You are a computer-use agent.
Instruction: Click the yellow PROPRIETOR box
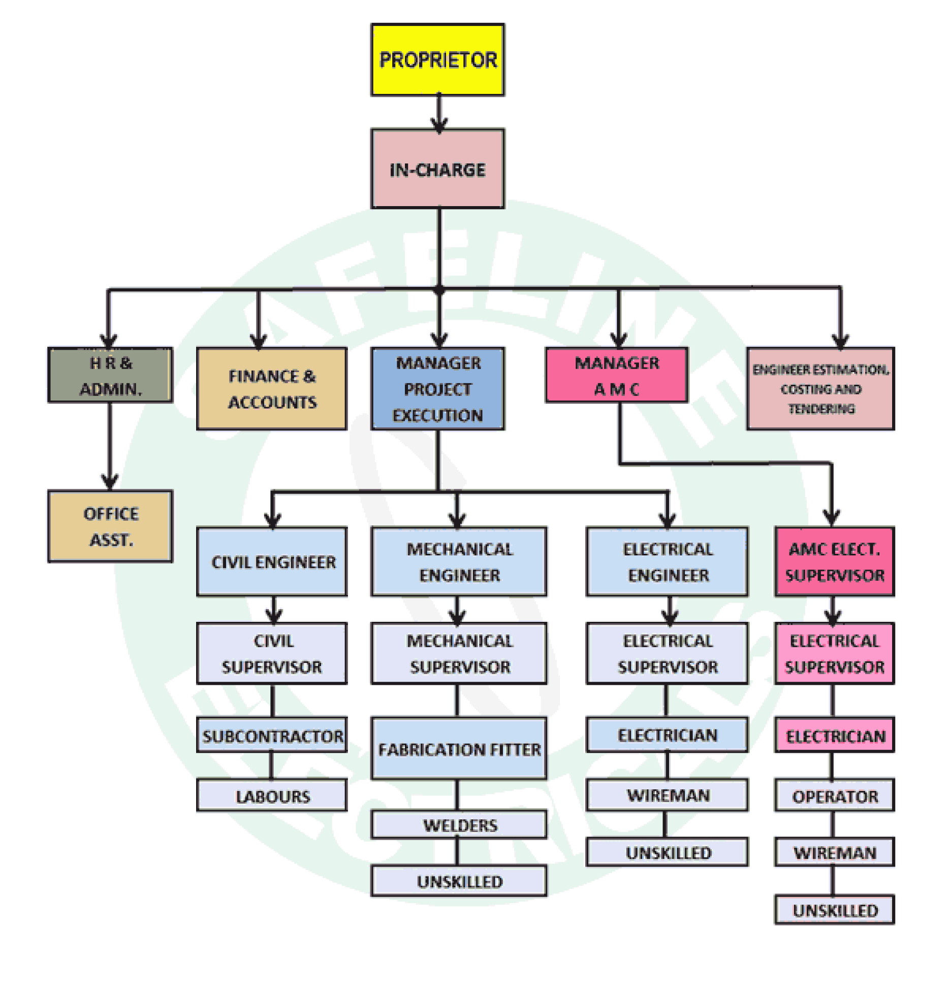(x=437, y=59)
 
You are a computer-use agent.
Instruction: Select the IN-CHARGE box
(x=437, y=169)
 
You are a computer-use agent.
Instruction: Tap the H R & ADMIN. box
(x=110, y=375)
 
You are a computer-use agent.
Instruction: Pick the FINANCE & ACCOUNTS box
(x=272, y=389)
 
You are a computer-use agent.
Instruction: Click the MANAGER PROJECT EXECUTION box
(x=437, y=389)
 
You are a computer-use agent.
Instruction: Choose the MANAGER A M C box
(x=616, y=375)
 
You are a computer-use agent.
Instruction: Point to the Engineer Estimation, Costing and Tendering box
(x=820, y=389)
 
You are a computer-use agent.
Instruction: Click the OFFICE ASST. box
(x=110, y=526)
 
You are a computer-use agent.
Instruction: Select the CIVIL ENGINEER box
(x=272, y=561)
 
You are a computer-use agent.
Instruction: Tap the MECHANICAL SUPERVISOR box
(x=459, y=653)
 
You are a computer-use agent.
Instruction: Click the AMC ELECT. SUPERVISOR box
(x=834, y=561)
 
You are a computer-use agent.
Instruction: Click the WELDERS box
(x=459, y=825)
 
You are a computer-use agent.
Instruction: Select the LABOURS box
(x=272, y=795)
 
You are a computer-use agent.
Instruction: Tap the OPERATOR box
(x=834, y=795)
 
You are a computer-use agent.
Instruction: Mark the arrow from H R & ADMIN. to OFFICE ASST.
(x=110, y=447)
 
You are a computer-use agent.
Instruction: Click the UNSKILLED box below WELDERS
(x=459, y=881)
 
